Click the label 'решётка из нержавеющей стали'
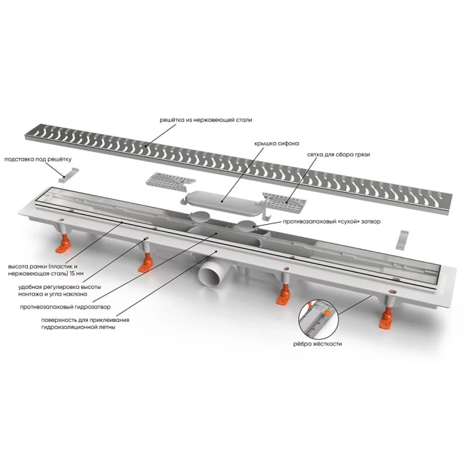(x=206, y=120)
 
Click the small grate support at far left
(x=72, y=172)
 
